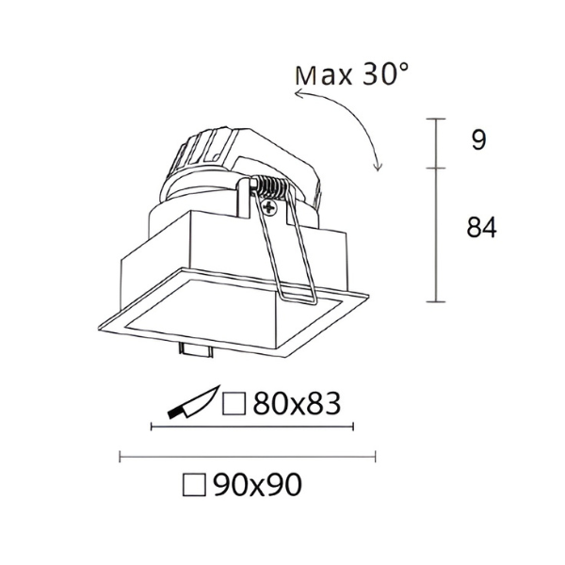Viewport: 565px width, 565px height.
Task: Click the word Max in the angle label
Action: [323, 76]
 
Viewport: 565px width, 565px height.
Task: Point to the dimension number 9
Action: [479, 140]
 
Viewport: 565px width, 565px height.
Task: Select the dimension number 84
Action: [481, 227]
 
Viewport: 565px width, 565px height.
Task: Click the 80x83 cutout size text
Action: [297, 403]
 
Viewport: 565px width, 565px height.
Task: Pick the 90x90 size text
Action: [257, 485]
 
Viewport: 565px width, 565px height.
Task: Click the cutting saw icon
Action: [193, 403]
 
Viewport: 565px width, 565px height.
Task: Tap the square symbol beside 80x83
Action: [234, 404]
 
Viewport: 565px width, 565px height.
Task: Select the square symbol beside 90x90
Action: [194, 485]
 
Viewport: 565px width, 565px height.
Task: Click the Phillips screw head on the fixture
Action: [268, 207]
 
